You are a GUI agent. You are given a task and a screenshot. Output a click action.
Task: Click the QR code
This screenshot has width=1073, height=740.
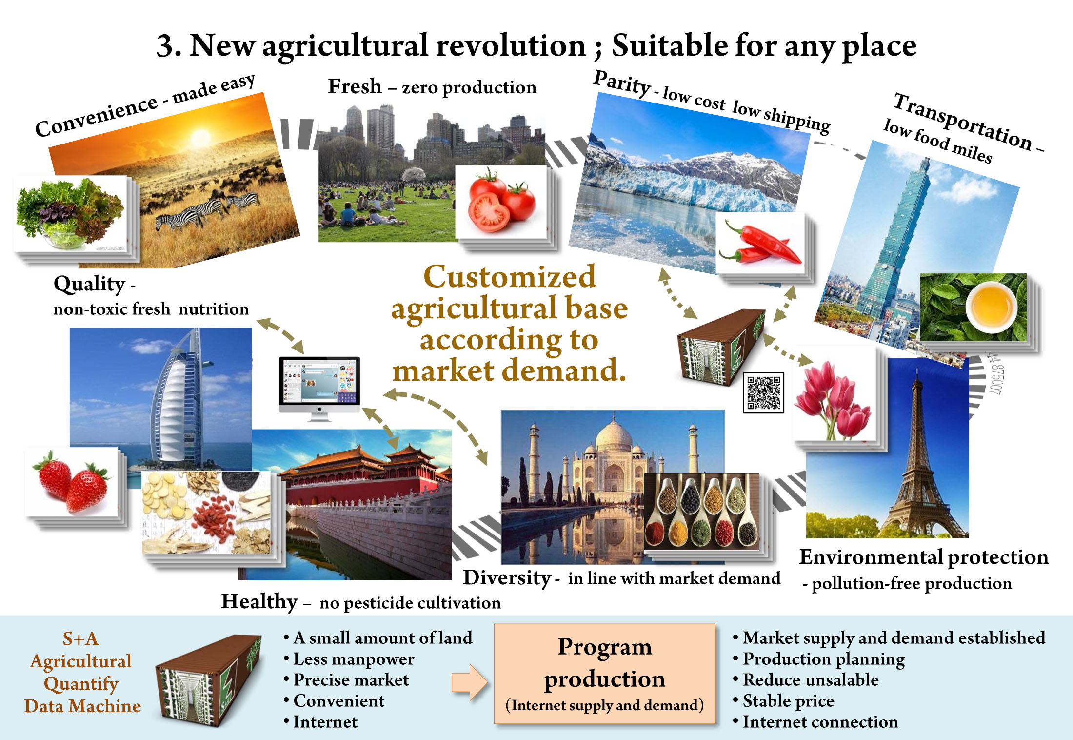(x=763, y=392)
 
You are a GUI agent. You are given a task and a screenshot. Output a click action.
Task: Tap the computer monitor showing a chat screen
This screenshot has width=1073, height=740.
(x=319, y=389)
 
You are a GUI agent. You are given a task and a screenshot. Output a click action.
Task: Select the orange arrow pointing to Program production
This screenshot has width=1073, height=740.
(x=469, y=682)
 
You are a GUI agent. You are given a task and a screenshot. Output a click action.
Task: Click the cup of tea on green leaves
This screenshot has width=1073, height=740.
(x=992, y=307)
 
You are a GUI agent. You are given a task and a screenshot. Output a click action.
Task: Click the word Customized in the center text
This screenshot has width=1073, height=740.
(x=510, y=277)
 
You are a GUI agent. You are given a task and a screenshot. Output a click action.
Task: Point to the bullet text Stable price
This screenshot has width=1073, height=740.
(x=788, y=701)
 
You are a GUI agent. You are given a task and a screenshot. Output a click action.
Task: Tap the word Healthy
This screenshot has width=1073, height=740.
(x=259, y=602)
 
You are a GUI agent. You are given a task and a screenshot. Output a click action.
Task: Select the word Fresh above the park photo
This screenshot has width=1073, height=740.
(x=355, y=86)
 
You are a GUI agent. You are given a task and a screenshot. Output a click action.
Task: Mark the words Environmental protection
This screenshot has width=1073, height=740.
(x=924, y=557)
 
